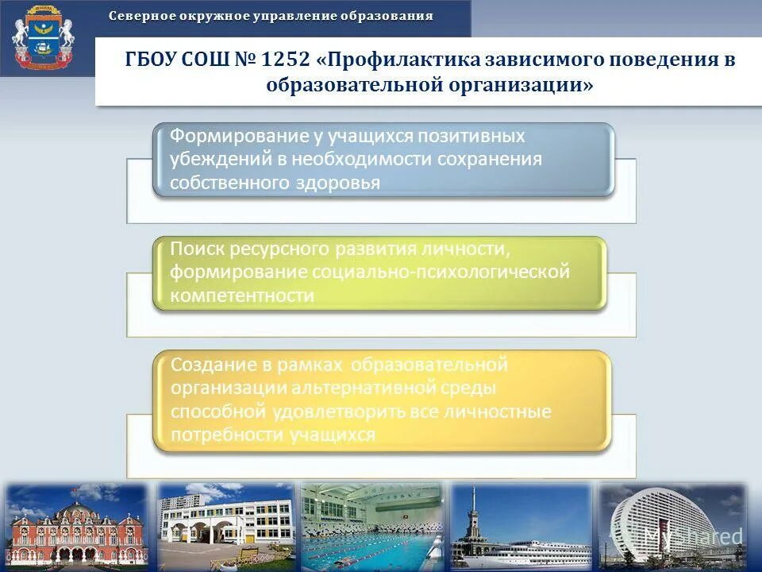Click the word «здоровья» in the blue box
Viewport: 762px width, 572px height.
[x=341, y=182]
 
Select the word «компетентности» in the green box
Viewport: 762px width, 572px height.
[x=242, y=296]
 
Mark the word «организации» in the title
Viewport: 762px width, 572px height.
[x=524, y=85]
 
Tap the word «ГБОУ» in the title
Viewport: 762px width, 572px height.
[x=151, y=61]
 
